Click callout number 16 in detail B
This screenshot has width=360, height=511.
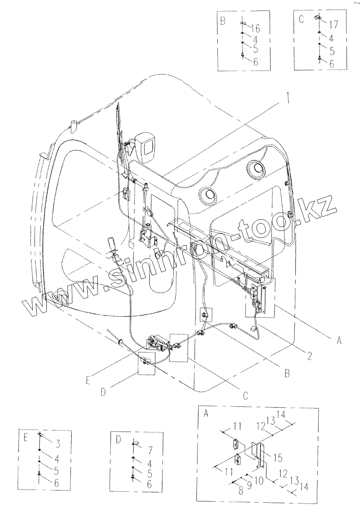tap(255, 29)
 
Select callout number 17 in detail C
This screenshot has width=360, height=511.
tap(333, 24)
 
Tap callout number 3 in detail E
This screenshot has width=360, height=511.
tap(57, 443)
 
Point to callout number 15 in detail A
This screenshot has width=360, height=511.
tap(278, 458)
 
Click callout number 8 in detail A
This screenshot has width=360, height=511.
tap(241, 491)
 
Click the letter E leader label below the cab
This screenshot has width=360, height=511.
tap(88, 380)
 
